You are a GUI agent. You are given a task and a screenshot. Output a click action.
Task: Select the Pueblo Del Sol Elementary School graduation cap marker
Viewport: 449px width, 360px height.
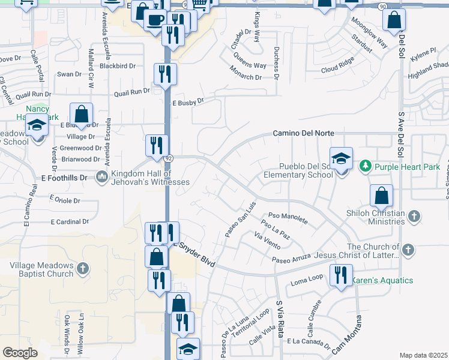tap(341, 159)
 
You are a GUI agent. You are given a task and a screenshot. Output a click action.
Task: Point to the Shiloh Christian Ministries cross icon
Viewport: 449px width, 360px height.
tap(414, 217)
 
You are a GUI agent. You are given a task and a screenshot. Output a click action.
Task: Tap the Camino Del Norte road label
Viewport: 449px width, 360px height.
tap(303, 133)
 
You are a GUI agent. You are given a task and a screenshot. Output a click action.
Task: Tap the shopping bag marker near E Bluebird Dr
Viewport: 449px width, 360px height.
tap(81, 114)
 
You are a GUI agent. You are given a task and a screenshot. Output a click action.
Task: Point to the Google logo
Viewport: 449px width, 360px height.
tap(20, 353)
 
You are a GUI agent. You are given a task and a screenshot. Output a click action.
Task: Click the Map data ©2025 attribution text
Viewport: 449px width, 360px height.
tap(423, 355)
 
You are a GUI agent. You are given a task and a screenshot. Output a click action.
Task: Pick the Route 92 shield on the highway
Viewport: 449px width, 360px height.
tap(169, 158)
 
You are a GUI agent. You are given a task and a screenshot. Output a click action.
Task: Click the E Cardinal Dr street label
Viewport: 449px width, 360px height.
tap(70, 221)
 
